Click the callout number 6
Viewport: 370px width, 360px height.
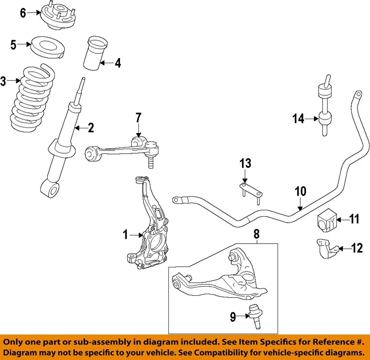pyautogui.click(x=23, y=13)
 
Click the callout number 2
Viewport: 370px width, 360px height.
pyautogui.click(x=90, y=128)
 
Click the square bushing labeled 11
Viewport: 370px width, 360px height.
pyautogui.click(x=326, y=220)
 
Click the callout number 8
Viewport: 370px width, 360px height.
pyautogui.click(x=257, y=233)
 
